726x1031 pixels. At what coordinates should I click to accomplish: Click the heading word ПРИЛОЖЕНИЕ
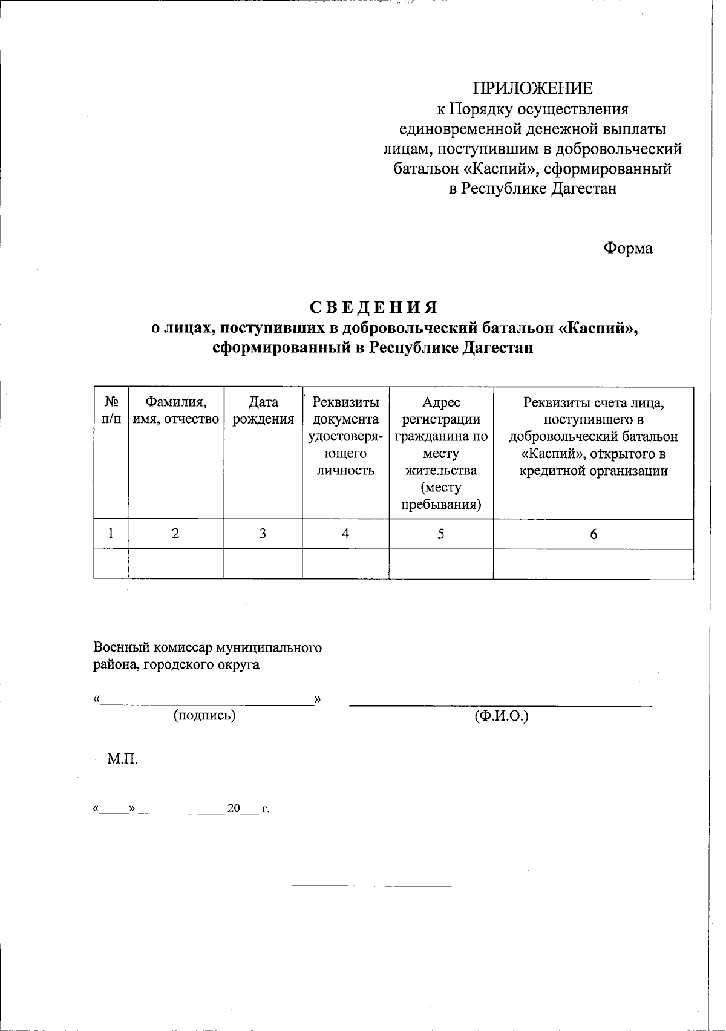coord(532,88)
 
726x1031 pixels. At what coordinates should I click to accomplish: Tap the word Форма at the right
coord(627,248)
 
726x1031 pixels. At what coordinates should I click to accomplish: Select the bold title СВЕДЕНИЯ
coord(373,307)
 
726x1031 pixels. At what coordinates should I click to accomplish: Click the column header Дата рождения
coord(263,411)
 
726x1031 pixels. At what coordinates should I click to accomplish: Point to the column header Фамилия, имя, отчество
coord(175,411)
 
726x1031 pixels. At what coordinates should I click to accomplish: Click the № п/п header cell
coord(111,411)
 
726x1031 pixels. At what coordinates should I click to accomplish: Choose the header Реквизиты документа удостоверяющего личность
coord(345,436)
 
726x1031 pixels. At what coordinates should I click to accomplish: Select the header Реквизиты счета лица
coord(594,436)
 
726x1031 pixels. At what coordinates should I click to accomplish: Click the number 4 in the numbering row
coord(345,534)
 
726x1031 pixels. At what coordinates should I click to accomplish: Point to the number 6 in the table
coord(594,534)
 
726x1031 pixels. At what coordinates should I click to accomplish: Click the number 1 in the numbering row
coord(110,534)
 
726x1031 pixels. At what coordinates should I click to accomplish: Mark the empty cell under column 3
coord(263,564)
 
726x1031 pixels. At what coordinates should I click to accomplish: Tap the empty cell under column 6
coord(594,564)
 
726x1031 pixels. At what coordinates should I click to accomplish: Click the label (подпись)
coord(204,715)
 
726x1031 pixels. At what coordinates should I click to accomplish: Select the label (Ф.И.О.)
coord(502,716)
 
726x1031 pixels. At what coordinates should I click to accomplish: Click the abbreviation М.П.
coord(123,759)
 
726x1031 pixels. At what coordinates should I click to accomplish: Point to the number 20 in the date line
coord(234,808)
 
